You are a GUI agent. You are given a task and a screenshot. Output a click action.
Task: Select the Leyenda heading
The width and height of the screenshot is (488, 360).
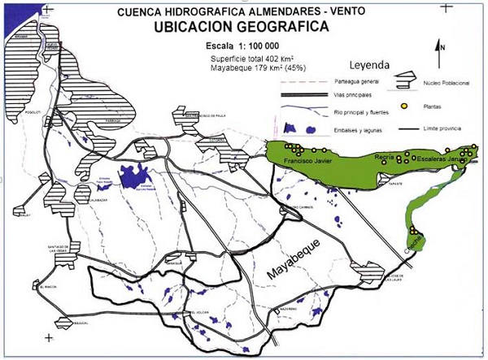(x=370, y=64)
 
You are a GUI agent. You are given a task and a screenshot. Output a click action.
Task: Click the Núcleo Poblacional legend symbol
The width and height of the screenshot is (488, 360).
(x=404, y=81)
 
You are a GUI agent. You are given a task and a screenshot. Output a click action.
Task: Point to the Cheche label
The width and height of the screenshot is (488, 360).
(x=413, y=249)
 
